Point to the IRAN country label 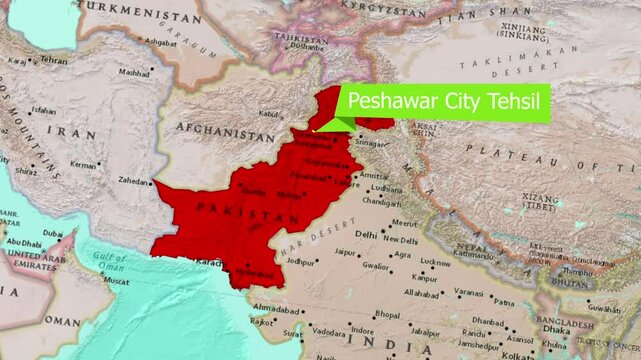click(76, 131)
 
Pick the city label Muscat click(116, 282)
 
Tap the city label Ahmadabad click(276, 308)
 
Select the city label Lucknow click(435, 262)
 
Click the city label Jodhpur click(300, 261)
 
